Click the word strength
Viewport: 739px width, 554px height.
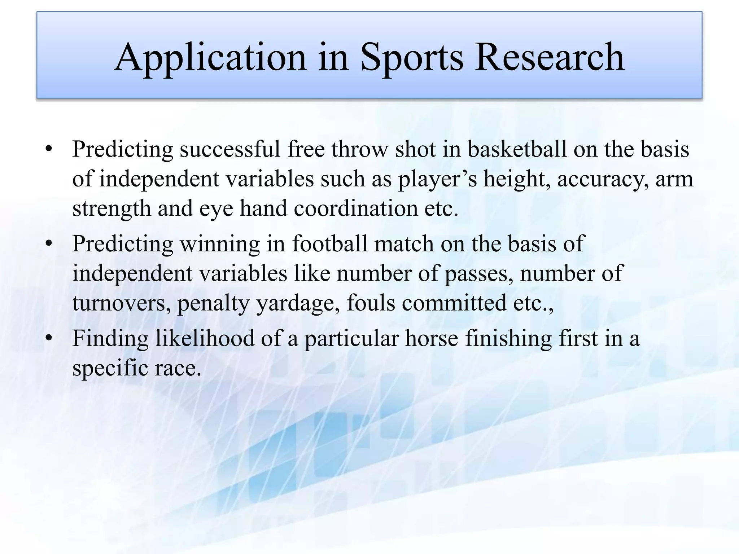click(x=111, y=208)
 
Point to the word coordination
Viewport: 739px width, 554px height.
click(x=355, y=208)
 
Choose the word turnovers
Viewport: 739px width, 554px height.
click(x=121, y=303)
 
